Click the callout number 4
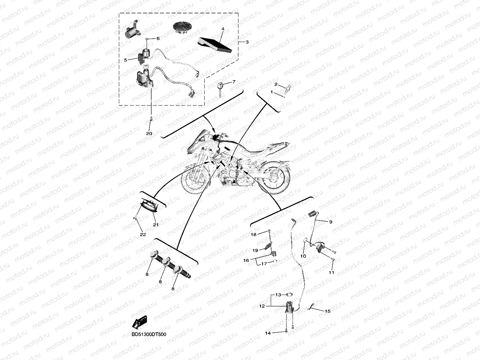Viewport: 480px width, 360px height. tap(223, 29)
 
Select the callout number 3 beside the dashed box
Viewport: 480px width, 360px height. tap(247, 42)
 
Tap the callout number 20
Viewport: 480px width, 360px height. tap(149, 133)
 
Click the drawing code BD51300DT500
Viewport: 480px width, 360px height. tap(149, 334)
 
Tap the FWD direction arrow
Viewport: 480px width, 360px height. tap(140, 322)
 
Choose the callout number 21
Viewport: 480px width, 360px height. tap(156, 225)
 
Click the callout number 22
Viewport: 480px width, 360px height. tap(143, 234)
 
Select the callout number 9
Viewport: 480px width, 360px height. tap(331, 222)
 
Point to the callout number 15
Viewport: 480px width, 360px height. tap(327, 311)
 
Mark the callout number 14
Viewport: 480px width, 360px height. tap(268, 333)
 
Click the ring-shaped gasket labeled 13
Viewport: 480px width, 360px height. tap(289, 295)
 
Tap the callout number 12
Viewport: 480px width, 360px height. tap(262, 306)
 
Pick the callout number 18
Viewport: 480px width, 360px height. tap(254, 234)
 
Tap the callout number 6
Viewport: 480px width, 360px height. tap(158, 38)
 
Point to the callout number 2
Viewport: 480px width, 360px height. tap(276, 84)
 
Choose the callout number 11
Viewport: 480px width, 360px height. tap(332, 272)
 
